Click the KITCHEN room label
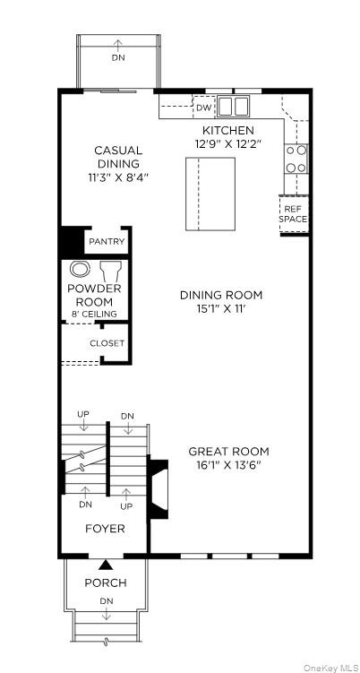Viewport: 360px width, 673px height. coord(227,131)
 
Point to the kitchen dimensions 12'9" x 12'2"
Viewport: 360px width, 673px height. coord(227,143)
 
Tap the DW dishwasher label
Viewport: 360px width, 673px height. coord(203,107)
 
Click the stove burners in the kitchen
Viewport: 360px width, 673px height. coord(296,159)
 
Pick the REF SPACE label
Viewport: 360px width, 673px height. coord(293,213)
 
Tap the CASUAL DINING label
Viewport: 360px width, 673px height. coord(118,157)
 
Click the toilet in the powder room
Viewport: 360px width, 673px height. coord(81,269)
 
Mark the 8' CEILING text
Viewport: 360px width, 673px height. coord(94,314)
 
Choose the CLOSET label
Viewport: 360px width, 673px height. coord(107,343)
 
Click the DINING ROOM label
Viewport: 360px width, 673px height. coord(221,295)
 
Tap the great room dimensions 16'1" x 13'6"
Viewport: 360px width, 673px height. coord(228,465)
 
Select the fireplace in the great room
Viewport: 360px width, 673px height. coord(159,489)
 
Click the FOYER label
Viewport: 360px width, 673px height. coord(105,529)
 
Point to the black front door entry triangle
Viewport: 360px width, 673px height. coord(106,565)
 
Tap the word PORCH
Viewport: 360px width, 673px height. coord(106,582)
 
